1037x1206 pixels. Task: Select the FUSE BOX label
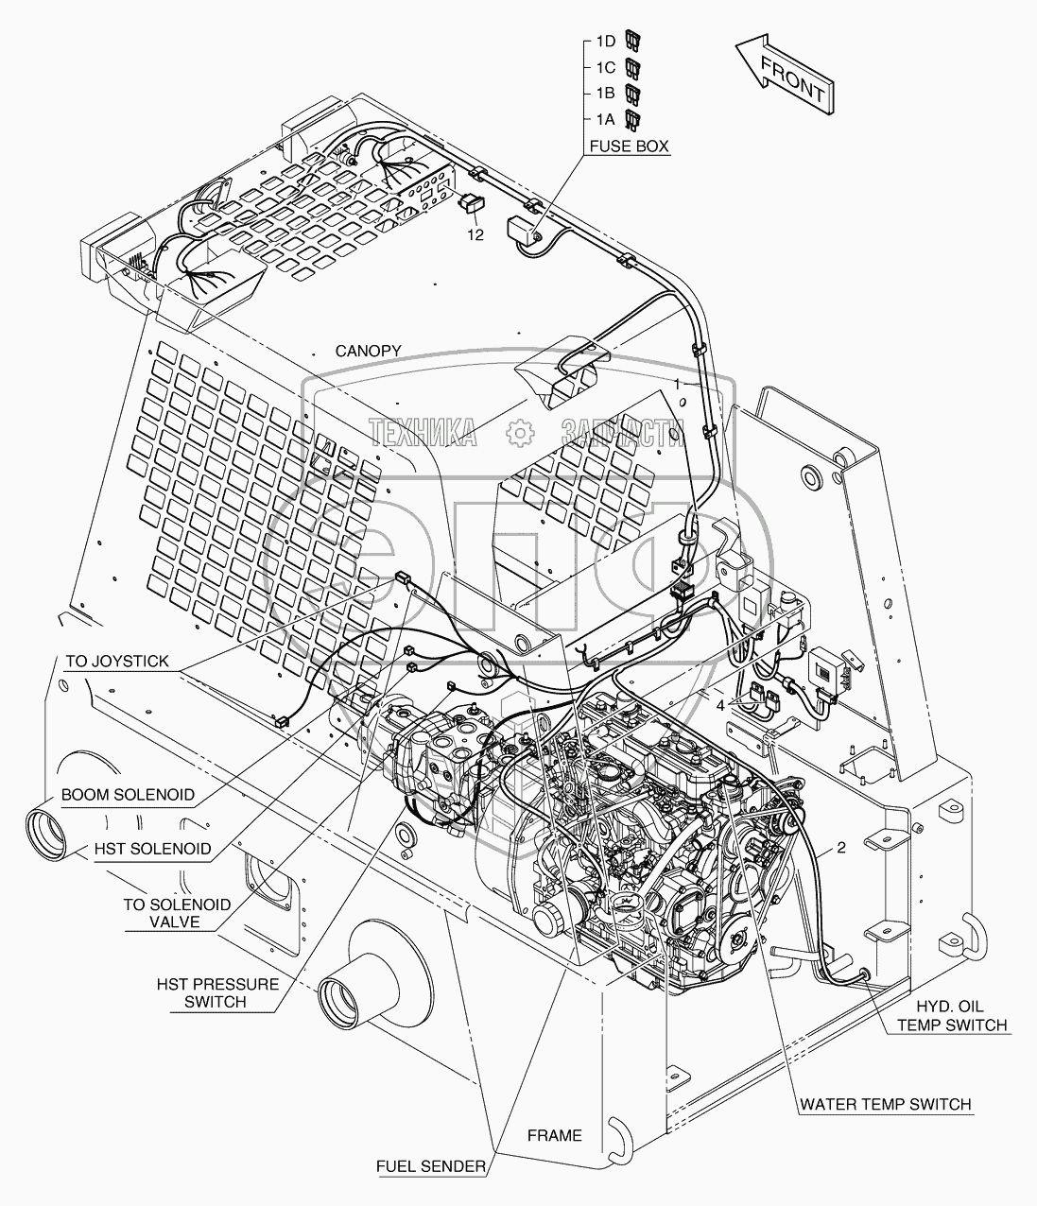(x=629, y=146)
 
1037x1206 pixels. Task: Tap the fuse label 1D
(x=605, y=42)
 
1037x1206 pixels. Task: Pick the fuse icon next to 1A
(x=634, y=119)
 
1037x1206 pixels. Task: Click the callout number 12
(x=474, y=234)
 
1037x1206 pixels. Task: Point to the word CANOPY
(x=369, y=351)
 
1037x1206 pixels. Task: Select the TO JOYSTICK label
(x=117, y=662)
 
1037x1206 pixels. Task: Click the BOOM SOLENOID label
(x=128, y=795)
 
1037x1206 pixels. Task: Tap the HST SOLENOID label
(x=151, y=849)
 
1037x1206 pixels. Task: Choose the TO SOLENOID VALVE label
(x=177, y=913)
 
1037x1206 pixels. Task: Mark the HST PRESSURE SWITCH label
(x=217, y=992)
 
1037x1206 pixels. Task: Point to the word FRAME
(x=555, y=1135)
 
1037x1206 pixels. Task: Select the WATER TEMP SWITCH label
(x=885, y=1104)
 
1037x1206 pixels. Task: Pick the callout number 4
(x=720, y=703)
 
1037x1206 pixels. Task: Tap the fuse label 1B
(x=605, y=94)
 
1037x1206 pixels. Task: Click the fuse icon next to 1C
(x=634, y=67)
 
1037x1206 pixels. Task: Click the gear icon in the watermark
(x=519, y=432)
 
